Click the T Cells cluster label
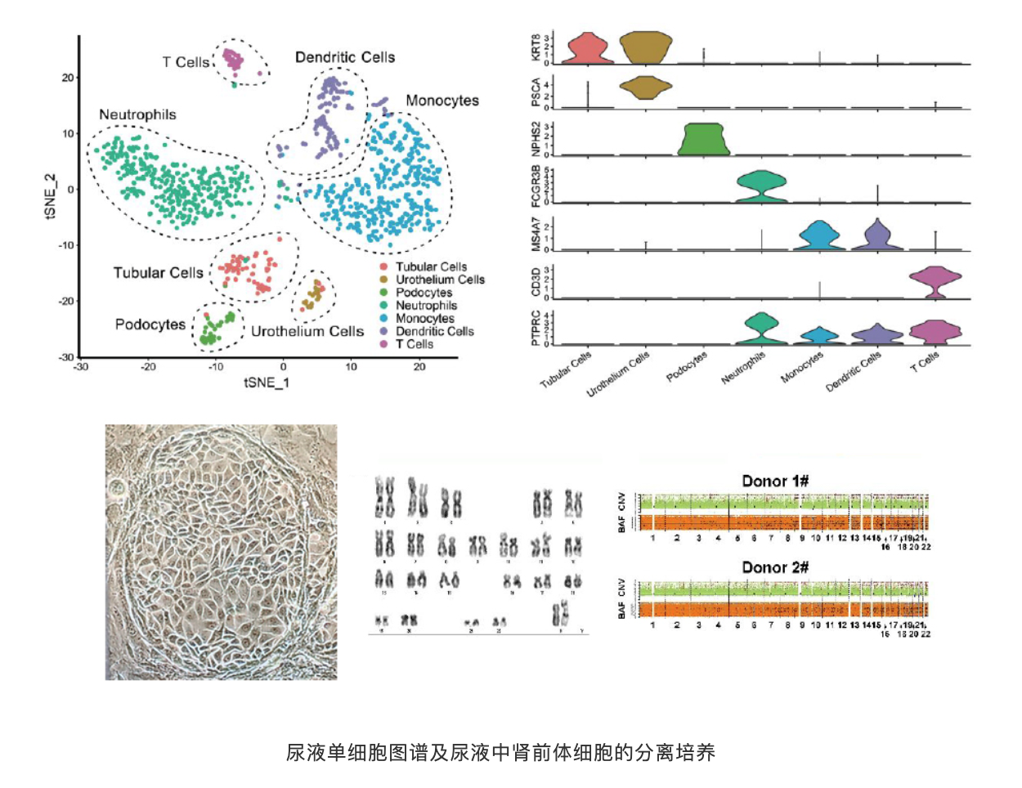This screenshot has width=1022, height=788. (186, 62)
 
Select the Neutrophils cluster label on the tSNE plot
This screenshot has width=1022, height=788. (137, 114)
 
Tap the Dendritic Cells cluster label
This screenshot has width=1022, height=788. (344, 57)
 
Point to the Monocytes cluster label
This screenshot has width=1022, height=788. (442, 101)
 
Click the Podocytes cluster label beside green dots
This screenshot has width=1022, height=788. (150, 325)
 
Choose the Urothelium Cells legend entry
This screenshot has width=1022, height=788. (440, 280)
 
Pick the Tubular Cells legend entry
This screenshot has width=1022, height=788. (431, 266)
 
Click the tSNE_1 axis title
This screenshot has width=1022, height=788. (266, 382)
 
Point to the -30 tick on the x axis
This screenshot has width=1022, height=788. (80, 367)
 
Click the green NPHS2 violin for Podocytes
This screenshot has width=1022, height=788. (704, 139)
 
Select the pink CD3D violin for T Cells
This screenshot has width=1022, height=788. (935, 282)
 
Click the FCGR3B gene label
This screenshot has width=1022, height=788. (536, 185)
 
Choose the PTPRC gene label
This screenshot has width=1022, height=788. (536, 328)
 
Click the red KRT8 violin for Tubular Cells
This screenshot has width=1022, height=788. (588, 49)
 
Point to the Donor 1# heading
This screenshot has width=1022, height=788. (774, 481)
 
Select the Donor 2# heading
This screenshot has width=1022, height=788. (774, 567)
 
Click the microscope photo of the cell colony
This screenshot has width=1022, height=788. (221, 552)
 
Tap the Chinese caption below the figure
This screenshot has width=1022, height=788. (500, 752)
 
